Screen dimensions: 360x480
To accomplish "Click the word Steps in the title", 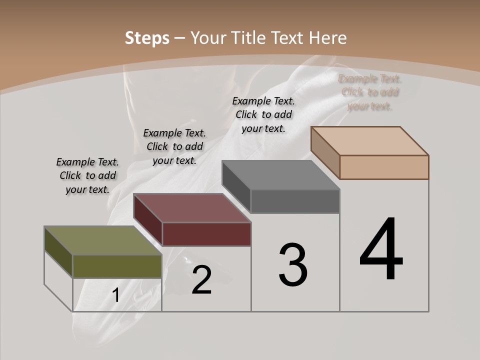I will (146, 38).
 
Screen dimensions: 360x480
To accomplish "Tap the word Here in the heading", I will (327, 38).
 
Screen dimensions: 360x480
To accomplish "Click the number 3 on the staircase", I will (293, 265).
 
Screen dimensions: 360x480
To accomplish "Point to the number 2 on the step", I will (201, 280).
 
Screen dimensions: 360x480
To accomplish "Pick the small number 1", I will (116, 295).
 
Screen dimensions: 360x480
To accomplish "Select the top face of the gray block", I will (280, 175).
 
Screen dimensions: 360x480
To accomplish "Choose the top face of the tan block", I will (369, 141).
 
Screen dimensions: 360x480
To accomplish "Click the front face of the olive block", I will (117, 266).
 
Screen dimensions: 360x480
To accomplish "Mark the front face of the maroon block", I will (206, 234).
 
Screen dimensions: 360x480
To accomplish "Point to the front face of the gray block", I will (295, 201).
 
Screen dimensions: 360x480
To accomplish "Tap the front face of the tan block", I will (384, 167).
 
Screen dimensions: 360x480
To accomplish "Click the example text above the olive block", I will (87, 175).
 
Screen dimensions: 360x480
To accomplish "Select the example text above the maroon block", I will (174, 146).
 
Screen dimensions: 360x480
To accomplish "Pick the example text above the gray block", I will (263, 114).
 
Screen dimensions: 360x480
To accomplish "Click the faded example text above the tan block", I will (370, 92).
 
